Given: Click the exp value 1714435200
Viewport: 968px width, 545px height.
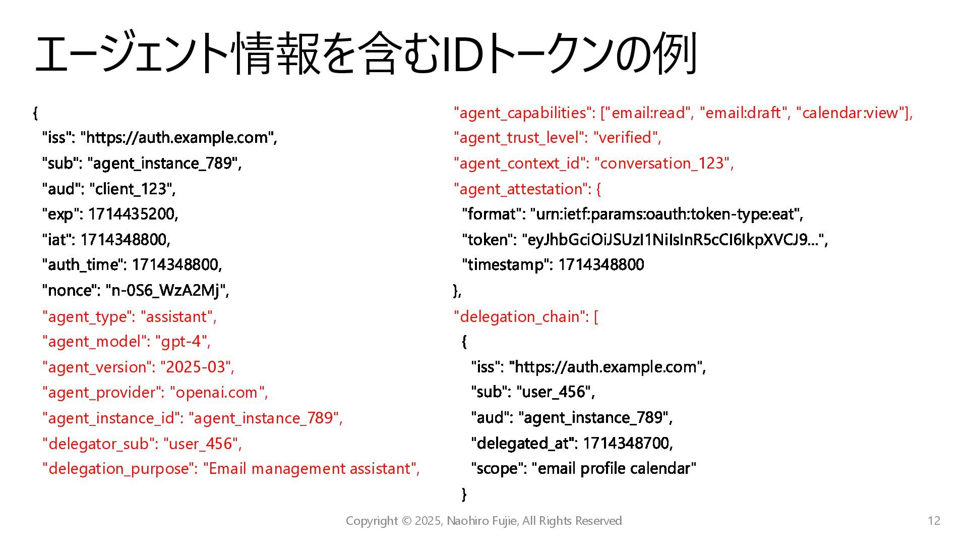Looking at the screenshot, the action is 133,214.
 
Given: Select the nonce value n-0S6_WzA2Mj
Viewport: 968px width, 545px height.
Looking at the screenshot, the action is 166,290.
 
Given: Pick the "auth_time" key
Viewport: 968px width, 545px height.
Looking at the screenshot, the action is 83,264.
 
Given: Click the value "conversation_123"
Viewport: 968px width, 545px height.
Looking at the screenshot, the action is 661,163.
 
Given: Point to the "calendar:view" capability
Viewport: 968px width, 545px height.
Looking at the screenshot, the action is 851,113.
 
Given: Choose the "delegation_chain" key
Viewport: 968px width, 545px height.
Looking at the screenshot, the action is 519,316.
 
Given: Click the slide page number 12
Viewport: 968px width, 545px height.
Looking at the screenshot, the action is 934,521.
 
